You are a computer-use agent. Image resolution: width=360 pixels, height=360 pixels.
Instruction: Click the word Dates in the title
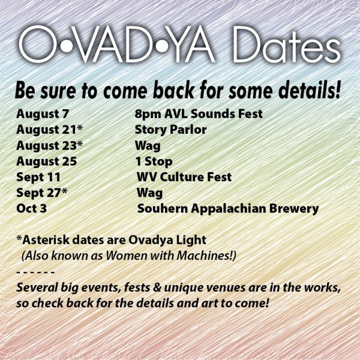click(x=287, y=44)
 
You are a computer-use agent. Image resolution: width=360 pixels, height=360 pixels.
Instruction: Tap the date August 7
click(x=43, y=114)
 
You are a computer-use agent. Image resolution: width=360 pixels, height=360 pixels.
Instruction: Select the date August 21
click(x=46, y=130)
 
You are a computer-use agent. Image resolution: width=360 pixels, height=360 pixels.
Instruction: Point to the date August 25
click(x=46, y=161)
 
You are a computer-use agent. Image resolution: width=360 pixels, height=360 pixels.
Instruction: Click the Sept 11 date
click(x=38, y=178)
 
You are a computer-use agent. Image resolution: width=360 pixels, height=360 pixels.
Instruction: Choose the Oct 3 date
click(x=31, y=209)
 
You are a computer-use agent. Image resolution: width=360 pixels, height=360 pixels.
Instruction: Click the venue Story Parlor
click(x=170, y=130)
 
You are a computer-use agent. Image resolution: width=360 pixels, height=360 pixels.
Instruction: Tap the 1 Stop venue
click(x=154, y=161)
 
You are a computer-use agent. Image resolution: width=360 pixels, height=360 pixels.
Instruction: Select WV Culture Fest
click(x=184, y=177)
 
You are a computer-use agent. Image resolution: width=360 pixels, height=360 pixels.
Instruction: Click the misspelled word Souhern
click(x=163, y=209)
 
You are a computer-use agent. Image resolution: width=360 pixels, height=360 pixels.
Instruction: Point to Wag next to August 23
click(x=148, y=146)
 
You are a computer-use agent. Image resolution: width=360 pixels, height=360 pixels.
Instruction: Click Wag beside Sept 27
click(x=149, y=193)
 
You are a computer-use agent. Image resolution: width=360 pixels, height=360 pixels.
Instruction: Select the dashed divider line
click(x=35, y=272)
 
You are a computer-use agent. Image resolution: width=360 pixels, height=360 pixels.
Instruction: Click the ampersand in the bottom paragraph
click(x=157, y=288)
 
